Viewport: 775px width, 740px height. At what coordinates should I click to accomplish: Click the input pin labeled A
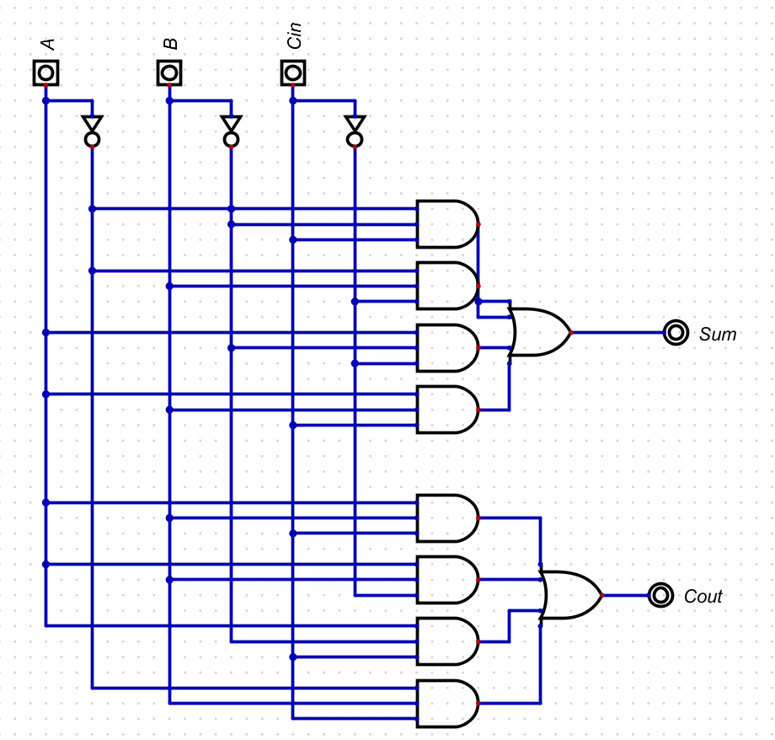46,73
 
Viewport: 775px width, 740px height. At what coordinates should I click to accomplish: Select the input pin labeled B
169,73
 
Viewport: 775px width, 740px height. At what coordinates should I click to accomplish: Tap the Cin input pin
292,73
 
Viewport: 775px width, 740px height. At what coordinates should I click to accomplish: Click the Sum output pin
676,333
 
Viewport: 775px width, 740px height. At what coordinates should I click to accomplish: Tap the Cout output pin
660,596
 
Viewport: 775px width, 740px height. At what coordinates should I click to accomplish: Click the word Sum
718,335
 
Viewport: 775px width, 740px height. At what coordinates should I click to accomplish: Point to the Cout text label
703,597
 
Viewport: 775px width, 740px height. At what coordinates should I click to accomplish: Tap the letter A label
48,44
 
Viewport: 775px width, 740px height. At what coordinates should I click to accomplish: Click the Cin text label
294,36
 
